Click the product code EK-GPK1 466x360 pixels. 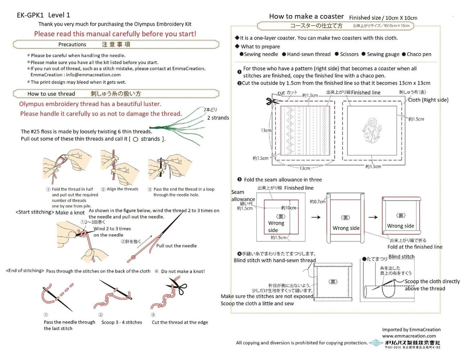coord(30,15)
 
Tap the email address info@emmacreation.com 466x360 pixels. coord(93,75)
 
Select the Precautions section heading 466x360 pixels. coord(72,44)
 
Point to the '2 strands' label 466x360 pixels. coord(218,118)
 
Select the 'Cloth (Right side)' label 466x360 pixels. coord(428,100)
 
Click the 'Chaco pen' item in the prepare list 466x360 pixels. coord(419,54)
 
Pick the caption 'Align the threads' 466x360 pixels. coord(122,189)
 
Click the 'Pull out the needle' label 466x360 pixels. coord(176,246)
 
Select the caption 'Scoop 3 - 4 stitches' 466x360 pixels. coord(122,322)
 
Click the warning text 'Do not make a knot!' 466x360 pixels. coord(183,271)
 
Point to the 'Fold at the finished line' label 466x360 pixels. coord(415,247)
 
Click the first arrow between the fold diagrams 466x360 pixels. coord(316,217)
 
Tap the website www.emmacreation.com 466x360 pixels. coord(409,336)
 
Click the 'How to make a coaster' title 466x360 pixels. coord(306,16)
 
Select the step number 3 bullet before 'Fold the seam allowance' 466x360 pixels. coord(240,180)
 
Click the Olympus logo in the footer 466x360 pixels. coord(376,343)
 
